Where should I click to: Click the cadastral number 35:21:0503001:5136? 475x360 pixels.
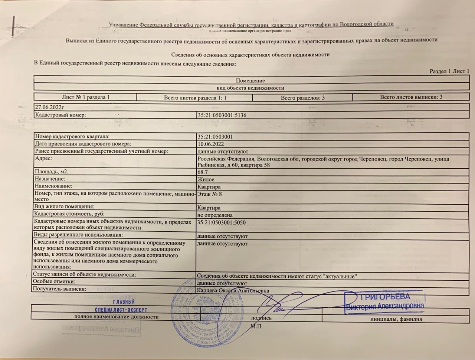pos(222,115)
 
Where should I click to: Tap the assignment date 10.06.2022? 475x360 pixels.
pos(211,144)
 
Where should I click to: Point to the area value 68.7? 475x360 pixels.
pos(203,172)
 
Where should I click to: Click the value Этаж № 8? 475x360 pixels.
pos(210,194)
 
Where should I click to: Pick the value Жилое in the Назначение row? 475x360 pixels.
pos(206,179)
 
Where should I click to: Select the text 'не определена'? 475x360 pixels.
pos(215,215)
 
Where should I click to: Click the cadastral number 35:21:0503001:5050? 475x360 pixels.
pos(222,222)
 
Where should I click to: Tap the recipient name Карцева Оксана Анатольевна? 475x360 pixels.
pos(233,291)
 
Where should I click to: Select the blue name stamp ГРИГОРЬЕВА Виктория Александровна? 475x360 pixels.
pos(384,302)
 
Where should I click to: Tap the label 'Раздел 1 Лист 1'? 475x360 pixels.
pos(449,71)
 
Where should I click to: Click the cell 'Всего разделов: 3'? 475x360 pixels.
pos(302,98)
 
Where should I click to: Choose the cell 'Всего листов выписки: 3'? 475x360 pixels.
pos(411,97)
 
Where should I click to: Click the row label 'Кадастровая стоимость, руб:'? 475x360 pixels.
pos(69,214)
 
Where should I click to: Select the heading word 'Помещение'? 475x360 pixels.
pos(250,80)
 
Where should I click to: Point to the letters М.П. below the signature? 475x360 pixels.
pos(256,326)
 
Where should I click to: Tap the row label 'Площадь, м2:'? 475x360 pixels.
pos(52,172)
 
